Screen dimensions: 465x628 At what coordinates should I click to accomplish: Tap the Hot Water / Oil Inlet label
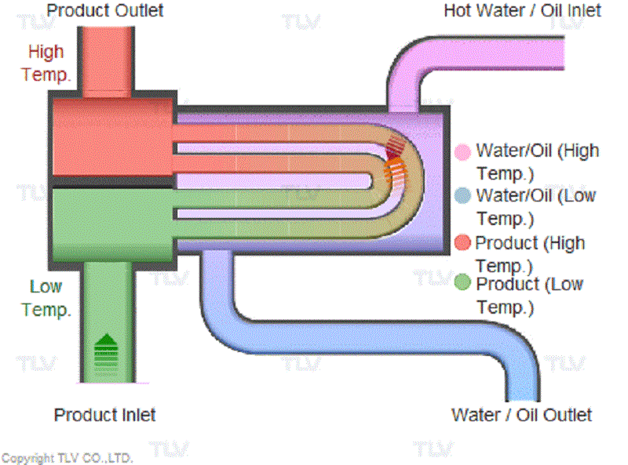522,10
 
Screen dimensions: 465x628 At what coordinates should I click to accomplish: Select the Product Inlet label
104,415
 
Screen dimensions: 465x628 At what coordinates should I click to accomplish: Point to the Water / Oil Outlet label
521,415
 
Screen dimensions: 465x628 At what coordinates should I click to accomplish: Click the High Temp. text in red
46,64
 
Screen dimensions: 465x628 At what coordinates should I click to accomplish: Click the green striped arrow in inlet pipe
107,351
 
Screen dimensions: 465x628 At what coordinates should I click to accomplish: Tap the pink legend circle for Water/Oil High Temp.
463,151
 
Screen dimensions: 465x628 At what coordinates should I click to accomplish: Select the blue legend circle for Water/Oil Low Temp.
463,195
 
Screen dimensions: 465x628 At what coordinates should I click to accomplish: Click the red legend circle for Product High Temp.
463,242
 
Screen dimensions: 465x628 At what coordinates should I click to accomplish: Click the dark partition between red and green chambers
110,181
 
